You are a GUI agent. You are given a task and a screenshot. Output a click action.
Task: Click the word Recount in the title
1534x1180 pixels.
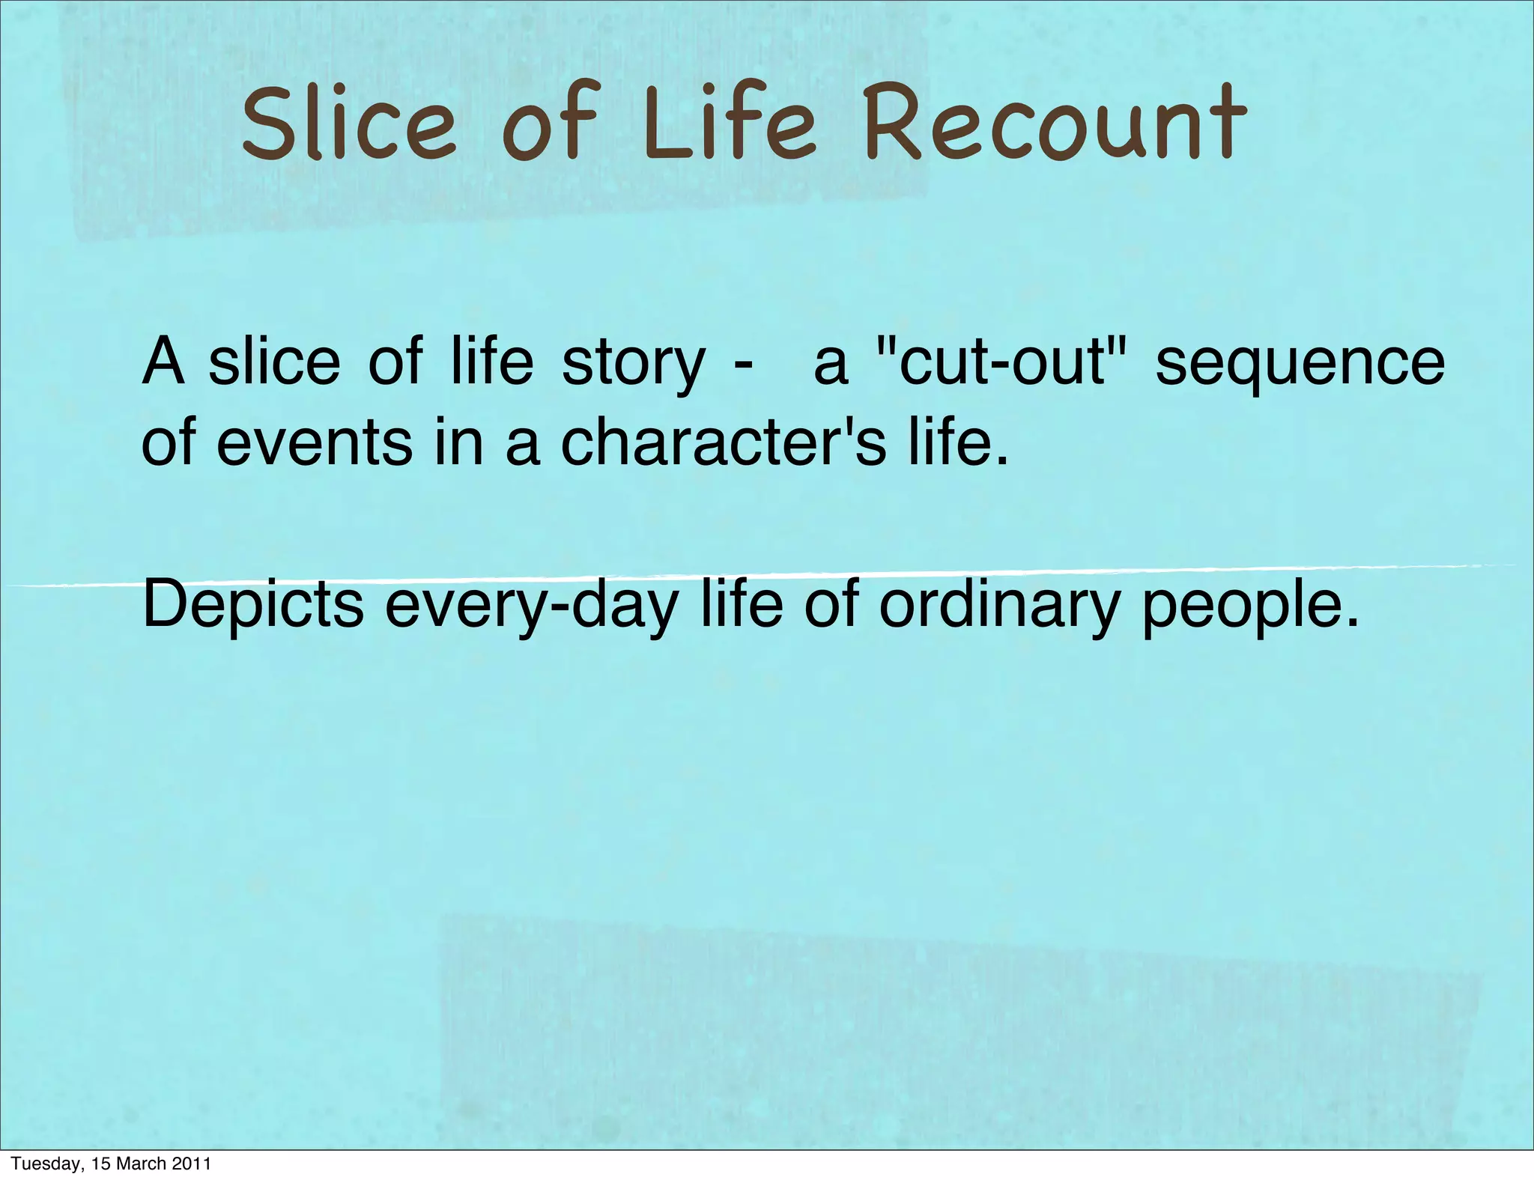pyautogui.click(x=1055, y=124)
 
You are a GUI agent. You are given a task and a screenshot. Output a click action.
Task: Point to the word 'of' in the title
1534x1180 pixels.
pyautogui.click(x=551, y=124)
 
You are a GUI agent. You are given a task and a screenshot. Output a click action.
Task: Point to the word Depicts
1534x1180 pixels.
pyautogui.click(x=253, y=605)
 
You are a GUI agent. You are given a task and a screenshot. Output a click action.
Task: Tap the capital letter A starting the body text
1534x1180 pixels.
pyautogui.click(x=163, y=362)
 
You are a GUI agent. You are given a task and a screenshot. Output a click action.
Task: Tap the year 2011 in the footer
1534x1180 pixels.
pyautogui.click(x=192, y=1164)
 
